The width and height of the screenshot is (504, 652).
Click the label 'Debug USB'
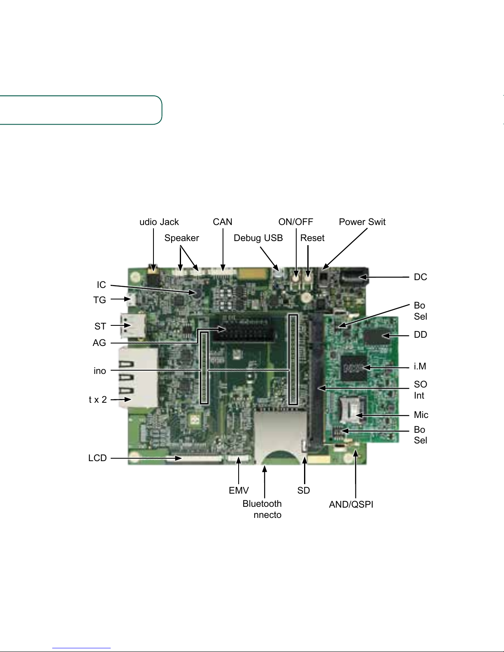[258, 238]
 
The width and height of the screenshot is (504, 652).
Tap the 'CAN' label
[223, 222]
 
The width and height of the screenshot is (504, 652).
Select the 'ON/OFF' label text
[295, 222]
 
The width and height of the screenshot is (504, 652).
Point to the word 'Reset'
[312, 238]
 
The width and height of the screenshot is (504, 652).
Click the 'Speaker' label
[181, 238]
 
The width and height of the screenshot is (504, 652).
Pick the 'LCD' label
[98, 458]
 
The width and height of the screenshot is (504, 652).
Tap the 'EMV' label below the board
[239, 490]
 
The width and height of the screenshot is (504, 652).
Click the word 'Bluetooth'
[262, 504]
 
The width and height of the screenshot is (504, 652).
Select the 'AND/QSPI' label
[351, 505]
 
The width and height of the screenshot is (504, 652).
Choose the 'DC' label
[420, 277]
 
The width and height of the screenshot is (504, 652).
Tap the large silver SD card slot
[280, 436]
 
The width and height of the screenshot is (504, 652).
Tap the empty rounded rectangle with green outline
[80, 110]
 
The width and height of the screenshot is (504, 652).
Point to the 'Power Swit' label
[362, 222]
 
